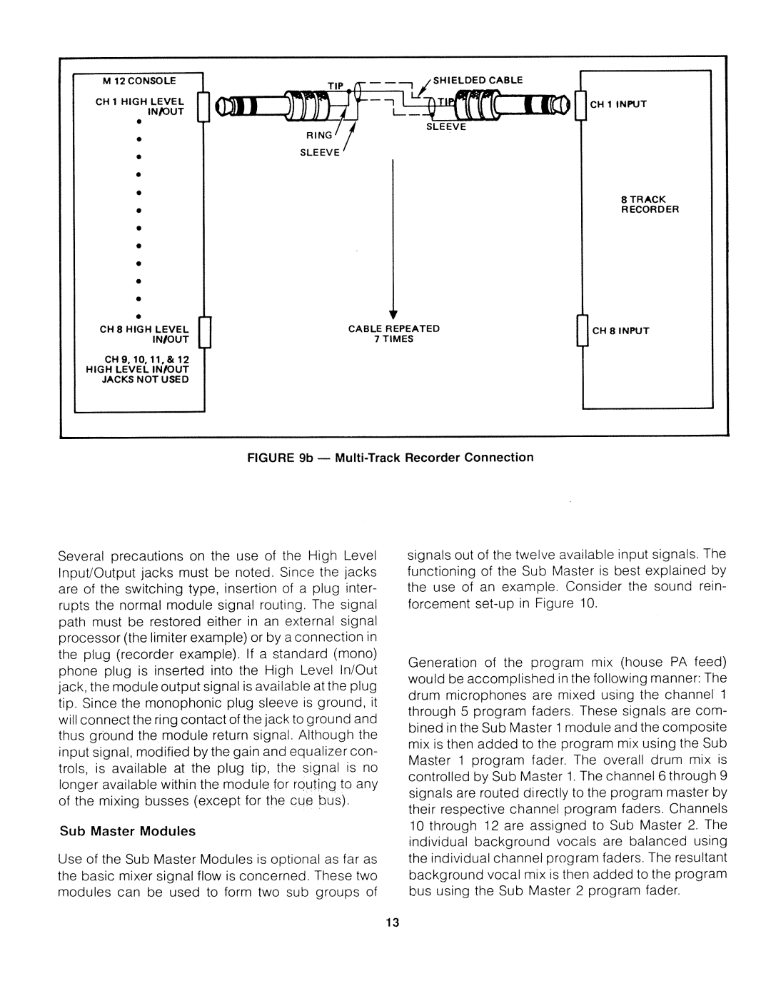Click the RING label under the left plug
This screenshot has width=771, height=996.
click(320, 134)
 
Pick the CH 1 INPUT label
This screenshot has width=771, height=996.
click(618, 104)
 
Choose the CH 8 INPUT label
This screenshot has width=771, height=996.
click(619, 331)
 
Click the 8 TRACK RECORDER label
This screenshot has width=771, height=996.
click(649, 205)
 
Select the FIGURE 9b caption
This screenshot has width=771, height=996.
click(390, 457)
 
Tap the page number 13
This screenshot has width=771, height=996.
click(390, 924)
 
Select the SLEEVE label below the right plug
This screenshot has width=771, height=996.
click(446, 128)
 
